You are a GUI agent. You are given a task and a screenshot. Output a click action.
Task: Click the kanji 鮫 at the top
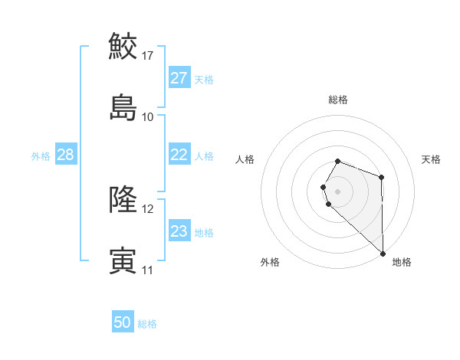(x=123, y=46)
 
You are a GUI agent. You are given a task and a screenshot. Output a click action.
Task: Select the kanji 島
(x=123, y=107)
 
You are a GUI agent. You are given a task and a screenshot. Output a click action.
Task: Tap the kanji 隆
(x=123, y=200)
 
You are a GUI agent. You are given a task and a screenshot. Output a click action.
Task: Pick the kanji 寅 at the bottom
(x=123, y=261)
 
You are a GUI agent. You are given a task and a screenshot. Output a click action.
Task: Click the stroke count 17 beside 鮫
(x=148, y=55)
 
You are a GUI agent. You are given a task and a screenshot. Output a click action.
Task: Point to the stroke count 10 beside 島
(x=148, y=116)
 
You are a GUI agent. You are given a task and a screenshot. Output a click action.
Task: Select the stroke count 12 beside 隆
(x=148, y=209)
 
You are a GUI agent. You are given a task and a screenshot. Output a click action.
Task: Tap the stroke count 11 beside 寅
(x=148, y=270)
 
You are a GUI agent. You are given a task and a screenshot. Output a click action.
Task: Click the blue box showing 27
(x=179, y=78)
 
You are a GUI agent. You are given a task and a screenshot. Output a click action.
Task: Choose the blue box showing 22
(x=179, y=155)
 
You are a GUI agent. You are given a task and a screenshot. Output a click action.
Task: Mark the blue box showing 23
(x=179, y=231)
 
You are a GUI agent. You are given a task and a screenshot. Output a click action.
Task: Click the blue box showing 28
(x=66, y=155)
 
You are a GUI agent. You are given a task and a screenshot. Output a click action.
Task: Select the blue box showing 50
(x=123, y=323)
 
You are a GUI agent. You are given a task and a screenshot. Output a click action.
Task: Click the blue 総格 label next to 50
(x=147, y=324)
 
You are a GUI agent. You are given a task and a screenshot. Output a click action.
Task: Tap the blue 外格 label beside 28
(x=41, y=155)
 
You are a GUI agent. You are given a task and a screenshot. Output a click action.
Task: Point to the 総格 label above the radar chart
(x=338, y=100)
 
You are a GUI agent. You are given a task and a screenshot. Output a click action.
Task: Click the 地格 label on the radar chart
(x=402, y=262)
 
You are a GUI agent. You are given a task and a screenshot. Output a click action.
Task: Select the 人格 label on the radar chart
(x=245, y=159)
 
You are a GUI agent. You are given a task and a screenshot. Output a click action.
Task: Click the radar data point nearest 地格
(x=383, y=253)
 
